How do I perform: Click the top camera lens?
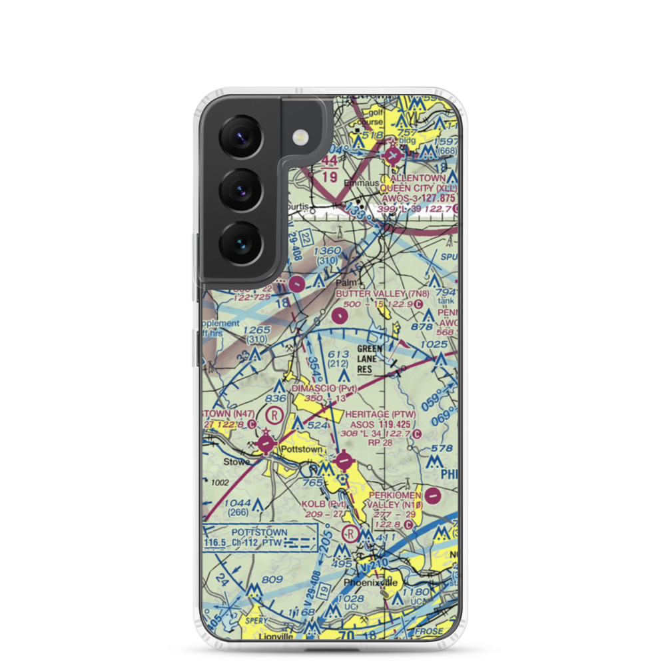click(241, 135)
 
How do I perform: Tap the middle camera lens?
click(241, 188)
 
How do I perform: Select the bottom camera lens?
click(241, 242)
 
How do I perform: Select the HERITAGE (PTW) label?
click(381, 414)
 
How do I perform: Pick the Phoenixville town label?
click(370, 583)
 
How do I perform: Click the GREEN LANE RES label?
click(370, 358)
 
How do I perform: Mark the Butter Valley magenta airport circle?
click(340, 314)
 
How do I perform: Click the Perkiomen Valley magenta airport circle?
click(433, 496)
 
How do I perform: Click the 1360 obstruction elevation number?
click(329, 251)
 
